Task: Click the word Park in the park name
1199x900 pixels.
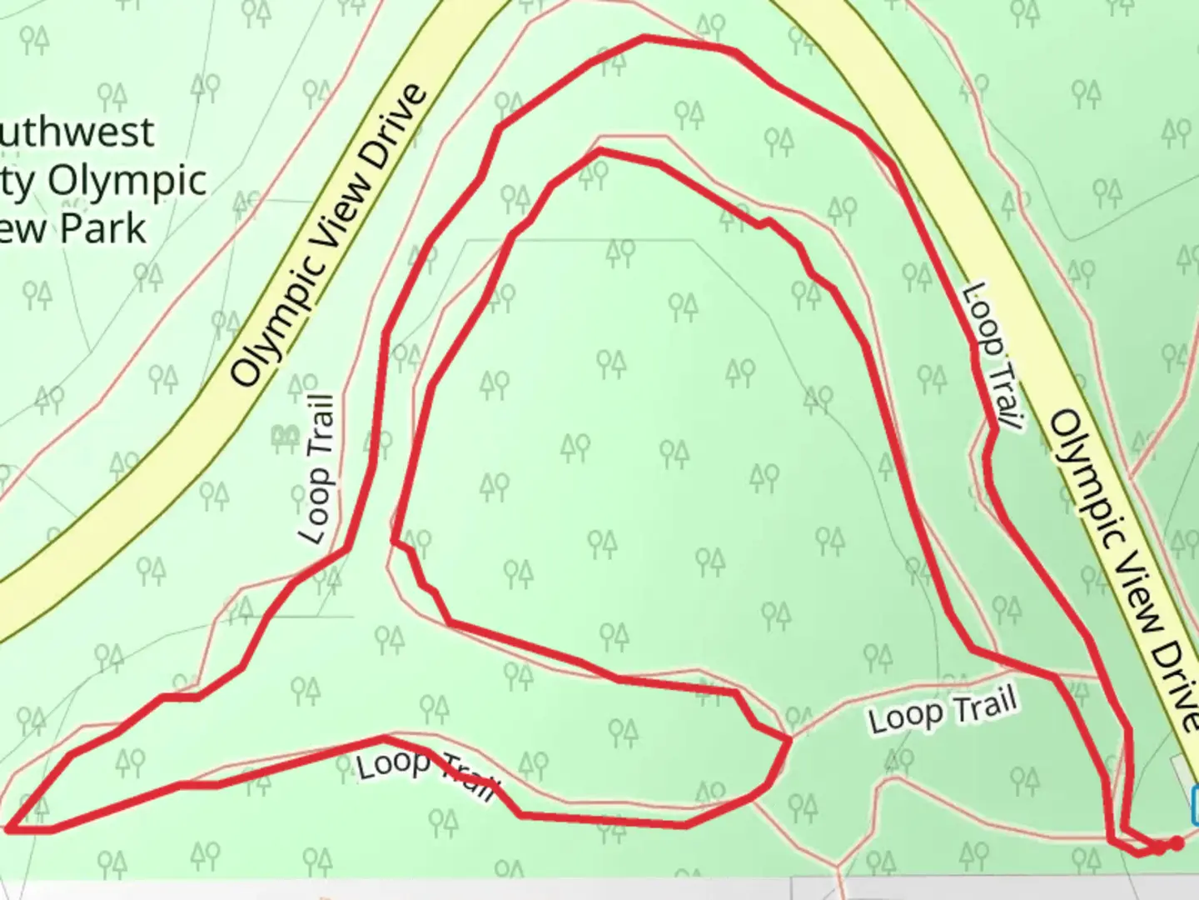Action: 109,228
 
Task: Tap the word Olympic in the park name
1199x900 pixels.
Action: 127,181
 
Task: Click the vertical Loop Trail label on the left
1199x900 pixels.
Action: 317,469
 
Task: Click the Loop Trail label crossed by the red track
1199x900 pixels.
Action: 427,774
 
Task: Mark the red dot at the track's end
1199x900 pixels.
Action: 1176,844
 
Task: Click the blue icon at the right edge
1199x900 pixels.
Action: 1195,805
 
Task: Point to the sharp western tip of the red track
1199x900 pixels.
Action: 10,829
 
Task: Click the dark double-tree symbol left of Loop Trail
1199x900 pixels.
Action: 286,435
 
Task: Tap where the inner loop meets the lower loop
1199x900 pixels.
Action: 788,738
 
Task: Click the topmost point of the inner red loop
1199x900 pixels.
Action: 599,151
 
